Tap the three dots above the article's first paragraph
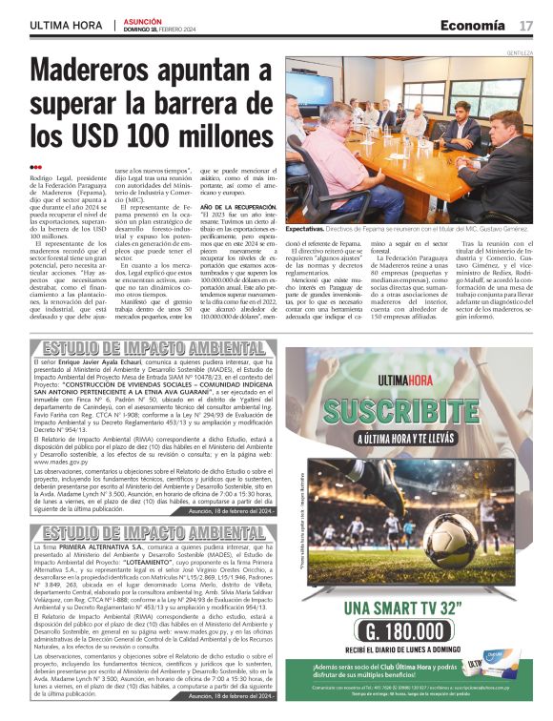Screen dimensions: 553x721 coord(36,168)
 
